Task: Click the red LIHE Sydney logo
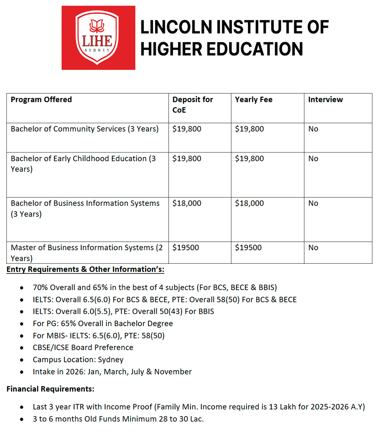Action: (99, 38)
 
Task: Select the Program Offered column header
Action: (41, 100)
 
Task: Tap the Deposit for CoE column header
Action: (192, 105)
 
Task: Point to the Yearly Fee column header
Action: (254, 100)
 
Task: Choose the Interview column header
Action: (326, 100)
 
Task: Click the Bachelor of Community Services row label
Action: (84, 129)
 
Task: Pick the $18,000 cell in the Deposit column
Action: (187, 203)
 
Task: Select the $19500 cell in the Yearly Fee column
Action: (248, 248)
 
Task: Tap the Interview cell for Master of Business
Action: (313, 248)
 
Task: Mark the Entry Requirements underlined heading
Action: (85, 270)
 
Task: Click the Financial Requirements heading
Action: (50, 389)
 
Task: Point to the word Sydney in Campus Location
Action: (111, 360)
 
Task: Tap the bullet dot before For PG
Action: (23, 324)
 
